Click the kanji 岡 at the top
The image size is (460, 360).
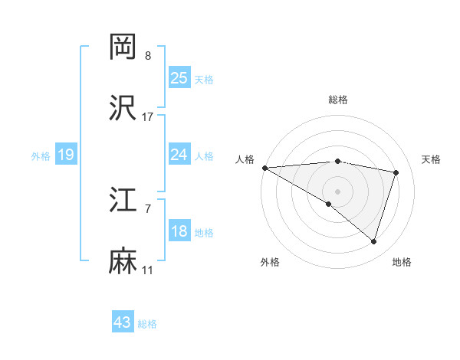pyautogui.click(x=123, y=47)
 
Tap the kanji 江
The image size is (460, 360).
pyautogui.click(x=123, y=201)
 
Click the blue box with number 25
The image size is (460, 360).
pyautogui.click(x=179, y=78)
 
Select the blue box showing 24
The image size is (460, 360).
pyautogui.click(x=179, y=155)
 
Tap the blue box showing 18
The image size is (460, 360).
pyautogui.click(x=179, y=231)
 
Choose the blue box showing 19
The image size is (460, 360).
pyautogui.click(x=65, y=155)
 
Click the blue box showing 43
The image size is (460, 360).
pyautogui.click(x=123, y=322)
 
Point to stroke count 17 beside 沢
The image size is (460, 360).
pyautogui.click(x=148, y=116)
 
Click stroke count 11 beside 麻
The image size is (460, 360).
pyautogui.click(x=148, y=270)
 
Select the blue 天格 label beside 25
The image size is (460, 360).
pyautogui.click(x=204, y=79)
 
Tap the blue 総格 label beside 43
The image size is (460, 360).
pyautogui.click(x=147, y=324)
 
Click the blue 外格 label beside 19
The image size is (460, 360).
pyautogui.click(x=41, y=155)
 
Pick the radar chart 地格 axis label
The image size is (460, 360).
pyautogui.click(x=402, y=262)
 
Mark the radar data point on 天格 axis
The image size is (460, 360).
pyautogui.click(x=396, y=172)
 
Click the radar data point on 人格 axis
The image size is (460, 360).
pyautogui.click(x=264, y=168)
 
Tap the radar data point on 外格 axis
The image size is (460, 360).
pyautogui.click(x=329, y=204)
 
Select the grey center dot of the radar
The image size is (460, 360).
pyautogui.click(x=337, y=191)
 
